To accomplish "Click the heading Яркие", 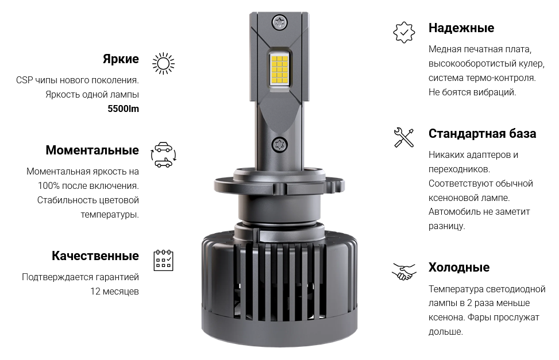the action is [x=121, y=59].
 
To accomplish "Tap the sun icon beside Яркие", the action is [x=163, y=64].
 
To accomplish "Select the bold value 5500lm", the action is [x=124, y=109].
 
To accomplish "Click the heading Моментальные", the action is [x=92, y=150].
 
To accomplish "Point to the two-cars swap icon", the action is [x=164, y=155].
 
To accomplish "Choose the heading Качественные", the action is [x=95, y=256].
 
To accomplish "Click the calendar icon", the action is [x=163, y=260].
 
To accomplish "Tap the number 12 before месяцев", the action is [x=95, y=292].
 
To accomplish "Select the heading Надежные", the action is [x=461, y=28].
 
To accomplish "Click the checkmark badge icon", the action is [x=404, y=32].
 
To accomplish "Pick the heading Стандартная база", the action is [x=483, y=134].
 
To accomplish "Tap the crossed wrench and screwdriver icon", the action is [x=404, y=138].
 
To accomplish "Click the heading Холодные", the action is [x=459, y=268].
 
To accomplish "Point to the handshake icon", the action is [x=404, y=272].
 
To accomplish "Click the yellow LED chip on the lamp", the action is [x=279, y=69].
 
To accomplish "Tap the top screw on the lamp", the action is [x=279, y=23].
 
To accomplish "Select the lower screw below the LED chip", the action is [x=279, y=145].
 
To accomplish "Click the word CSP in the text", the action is [x=25, y=80].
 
